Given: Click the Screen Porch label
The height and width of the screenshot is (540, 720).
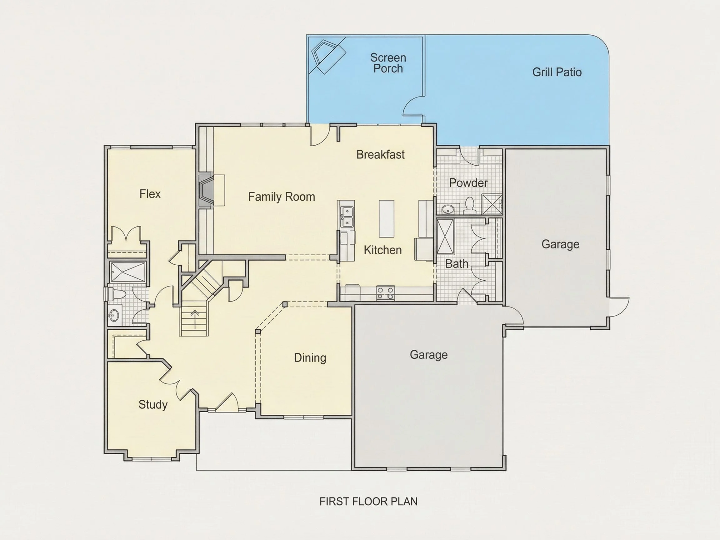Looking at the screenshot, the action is click(388, 63).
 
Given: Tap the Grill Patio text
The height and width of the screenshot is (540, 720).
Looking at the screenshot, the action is click(557, 72).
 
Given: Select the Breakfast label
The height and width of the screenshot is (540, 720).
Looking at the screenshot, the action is click(381, 154).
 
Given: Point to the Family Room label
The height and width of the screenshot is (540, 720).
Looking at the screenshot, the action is click(282, 197).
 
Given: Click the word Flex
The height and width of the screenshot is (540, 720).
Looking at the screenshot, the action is click(150, 194).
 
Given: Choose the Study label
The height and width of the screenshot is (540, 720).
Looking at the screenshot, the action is click(153, 405).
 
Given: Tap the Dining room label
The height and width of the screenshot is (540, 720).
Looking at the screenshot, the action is click(310, 358).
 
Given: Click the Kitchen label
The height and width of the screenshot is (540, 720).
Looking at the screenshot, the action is click(383, 250).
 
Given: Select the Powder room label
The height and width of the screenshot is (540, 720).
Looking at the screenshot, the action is click(468, 183).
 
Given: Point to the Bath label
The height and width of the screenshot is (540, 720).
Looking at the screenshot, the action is click(457, 264).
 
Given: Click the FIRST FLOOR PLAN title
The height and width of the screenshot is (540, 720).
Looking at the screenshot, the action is click(368, 502).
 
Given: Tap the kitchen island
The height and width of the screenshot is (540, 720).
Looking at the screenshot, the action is click(386, 219).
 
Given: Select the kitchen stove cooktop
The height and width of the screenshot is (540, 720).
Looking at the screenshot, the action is click(385, 293).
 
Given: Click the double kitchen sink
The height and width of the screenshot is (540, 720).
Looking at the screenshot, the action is click(347, 217).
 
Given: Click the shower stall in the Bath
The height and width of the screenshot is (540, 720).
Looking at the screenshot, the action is click(445, 237).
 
